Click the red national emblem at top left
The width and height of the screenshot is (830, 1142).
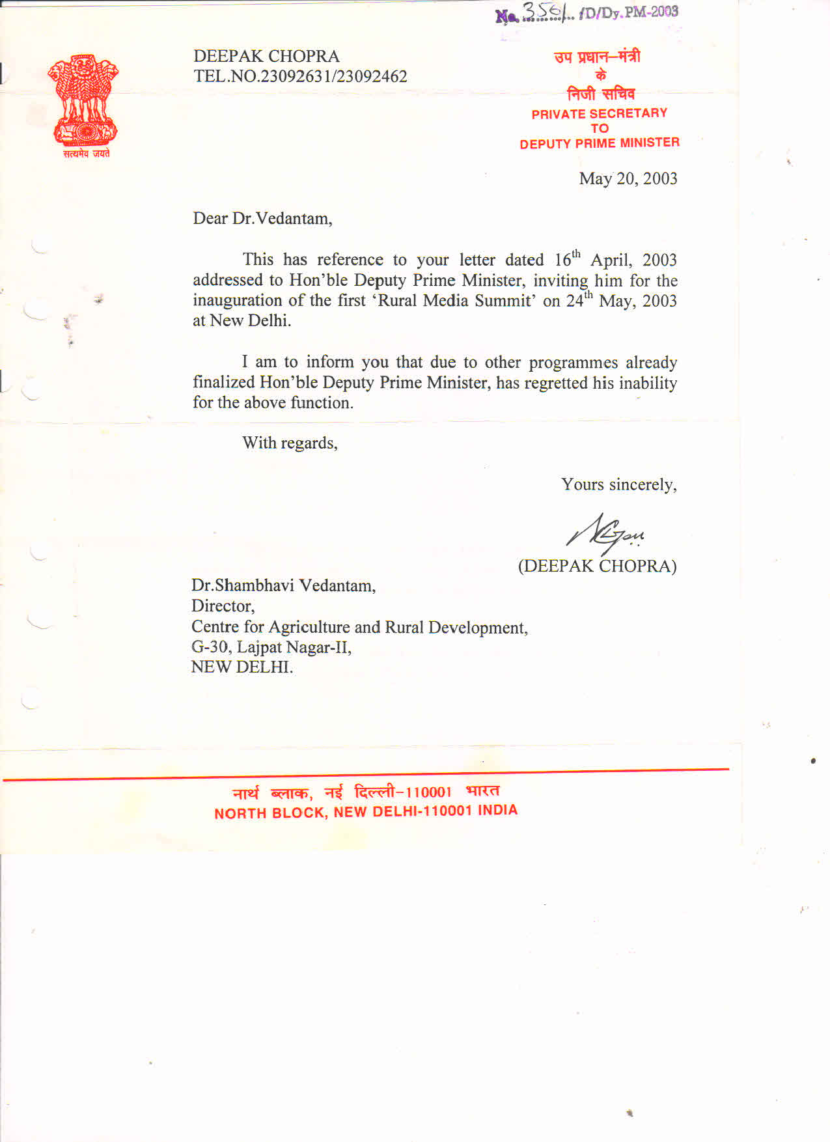(x=83, y=100)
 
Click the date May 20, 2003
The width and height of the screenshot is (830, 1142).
(x=628, y=178)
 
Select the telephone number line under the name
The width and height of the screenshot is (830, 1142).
(x=300, y=76)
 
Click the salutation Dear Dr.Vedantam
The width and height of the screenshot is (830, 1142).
(x=262, y=218)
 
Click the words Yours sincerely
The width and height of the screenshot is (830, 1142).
(x=618, y=484)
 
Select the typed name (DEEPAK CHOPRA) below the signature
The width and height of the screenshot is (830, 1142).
(x=597, y=566)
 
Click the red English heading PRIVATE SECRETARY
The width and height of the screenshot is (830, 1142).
(x=599, y=113)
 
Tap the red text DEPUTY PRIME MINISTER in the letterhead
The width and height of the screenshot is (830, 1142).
(x=599, y=143)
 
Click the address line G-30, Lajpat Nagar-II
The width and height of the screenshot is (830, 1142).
(x=271, y=647)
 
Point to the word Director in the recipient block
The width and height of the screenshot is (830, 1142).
(x=223, y=606)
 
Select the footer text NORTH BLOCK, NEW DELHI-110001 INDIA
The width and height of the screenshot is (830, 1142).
(x=366, y=812)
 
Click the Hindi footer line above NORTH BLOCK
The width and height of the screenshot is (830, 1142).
(x=366, y=792)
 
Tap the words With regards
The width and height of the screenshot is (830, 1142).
(x=290, y=443)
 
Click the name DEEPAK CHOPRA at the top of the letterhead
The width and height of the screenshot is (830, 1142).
(x=266, y=56)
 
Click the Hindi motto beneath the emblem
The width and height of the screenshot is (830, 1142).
(x=86, y=154)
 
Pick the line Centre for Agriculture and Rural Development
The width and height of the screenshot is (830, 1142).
(x=359, y=627)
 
